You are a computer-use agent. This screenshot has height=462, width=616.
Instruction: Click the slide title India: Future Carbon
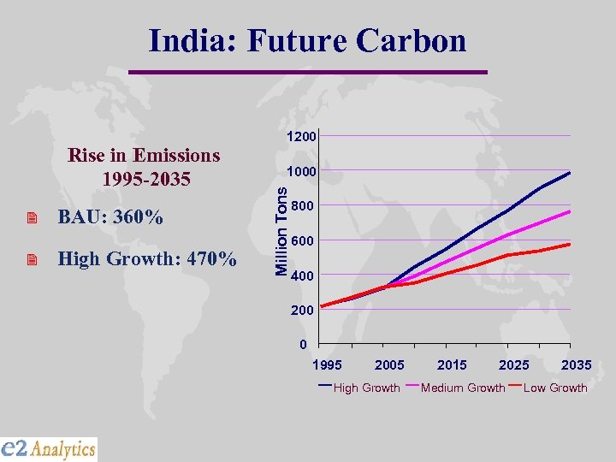pos(307,41)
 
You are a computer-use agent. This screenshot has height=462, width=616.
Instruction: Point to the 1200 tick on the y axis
pos(302,137)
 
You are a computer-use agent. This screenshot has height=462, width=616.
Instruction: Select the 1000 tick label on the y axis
pos(302,172)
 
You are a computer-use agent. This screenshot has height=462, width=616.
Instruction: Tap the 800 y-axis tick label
pos(302,206)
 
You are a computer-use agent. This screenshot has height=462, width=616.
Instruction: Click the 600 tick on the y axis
pos(302,241)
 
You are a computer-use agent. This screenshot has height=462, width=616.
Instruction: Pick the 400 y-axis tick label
pos(302,276)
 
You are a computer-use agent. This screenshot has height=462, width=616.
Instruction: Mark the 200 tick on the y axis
pos(302,311)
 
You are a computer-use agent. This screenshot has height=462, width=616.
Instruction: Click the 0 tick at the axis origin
pos(303,346)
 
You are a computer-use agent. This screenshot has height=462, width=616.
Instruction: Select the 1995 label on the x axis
pos(328,365)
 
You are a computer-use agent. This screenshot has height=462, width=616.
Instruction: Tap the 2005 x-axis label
pos(390,365)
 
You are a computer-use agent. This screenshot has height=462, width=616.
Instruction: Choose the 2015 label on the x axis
pos(452,365)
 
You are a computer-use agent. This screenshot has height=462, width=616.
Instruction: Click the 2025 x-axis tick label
pos(514,365)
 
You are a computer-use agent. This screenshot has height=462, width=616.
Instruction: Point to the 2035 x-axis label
pos(576,365)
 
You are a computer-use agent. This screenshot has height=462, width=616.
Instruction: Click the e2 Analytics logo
pos(49,448)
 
